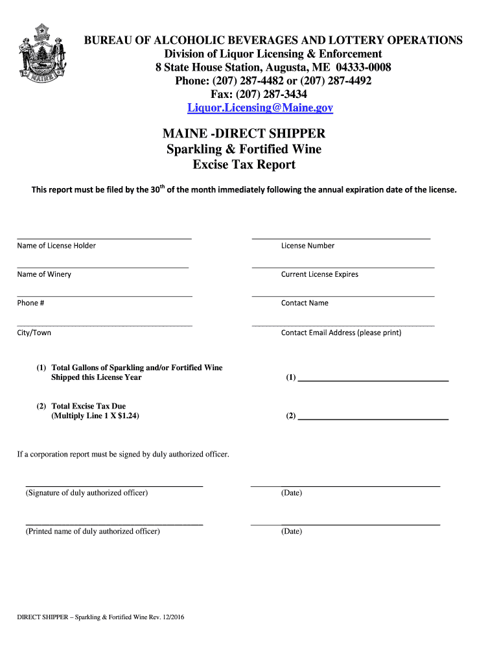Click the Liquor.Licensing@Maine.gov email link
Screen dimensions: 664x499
(260, 108)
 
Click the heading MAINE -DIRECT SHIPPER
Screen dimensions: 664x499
(244, 134)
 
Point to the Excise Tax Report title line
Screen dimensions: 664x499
(244, 165)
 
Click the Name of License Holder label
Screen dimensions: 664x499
(56, 246)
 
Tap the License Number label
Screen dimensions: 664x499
(308, 246)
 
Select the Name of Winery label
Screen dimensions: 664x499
(44, 274)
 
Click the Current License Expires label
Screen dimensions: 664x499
(319, 274)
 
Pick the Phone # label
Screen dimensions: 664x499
(30, 303)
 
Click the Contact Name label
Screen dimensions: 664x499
(305, 303)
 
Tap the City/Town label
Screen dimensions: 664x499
(34, 333)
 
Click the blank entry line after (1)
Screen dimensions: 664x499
(373, 379)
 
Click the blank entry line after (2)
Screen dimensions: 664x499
(373, 418)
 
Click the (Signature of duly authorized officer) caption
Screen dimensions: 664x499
(86, 493)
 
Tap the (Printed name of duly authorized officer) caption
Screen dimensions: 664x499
(92, 532)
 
